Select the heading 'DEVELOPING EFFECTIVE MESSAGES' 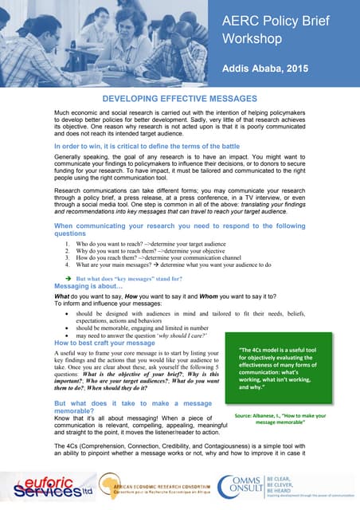pos(179,99)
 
